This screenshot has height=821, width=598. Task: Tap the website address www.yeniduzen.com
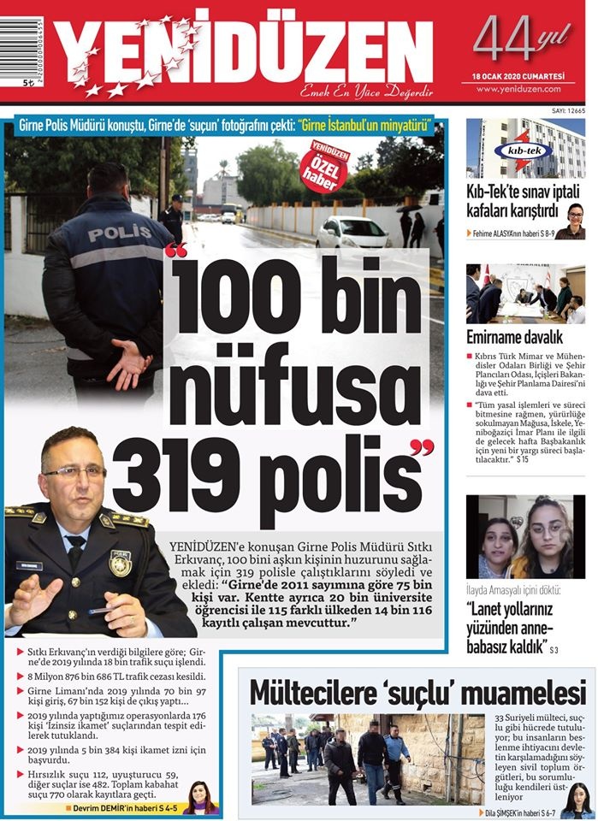click(518, 88)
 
